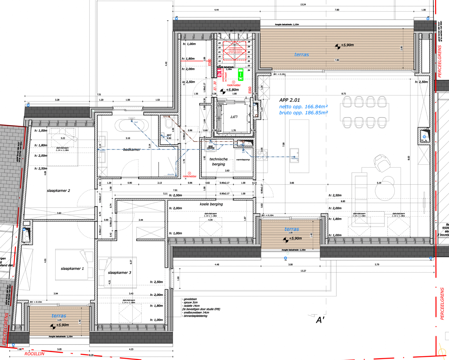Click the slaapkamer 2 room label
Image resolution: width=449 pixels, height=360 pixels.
(x=58, y=190)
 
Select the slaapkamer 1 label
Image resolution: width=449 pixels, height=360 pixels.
(x=72, y=268)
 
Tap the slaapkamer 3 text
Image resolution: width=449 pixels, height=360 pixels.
(x=119, y=272)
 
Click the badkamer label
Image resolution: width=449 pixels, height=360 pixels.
(x=132, y=149)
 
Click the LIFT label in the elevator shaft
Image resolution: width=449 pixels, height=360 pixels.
(x=234, y=117)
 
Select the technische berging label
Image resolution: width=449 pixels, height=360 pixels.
(x=218, y=161)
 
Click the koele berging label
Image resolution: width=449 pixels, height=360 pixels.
(x=211, y=204)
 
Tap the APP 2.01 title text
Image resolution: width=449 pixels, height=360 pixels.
(x=289, y=100)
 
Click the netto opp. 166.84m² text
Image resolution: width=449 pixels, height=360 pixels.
(x=303, y=106)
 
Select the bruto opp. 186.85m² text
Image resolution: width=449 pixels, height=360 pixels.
(x=303, y=113)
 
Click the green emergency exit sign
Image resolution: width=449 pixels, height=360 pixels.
(x=241, y=74)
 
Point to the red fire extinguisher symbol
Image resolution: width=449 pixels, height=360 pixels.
(x=219, y=73)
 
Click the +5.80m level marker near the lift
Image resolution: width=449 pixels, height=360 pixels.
(x=230, y=90)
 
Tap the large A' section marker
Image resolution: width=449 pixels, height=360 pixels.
(x=320, y=320)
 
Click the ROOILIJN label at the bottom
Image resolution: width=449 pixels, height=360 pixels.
(x=34, y=354)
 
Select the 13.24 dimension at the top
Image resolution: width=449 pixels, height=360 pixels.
(x=303, y=4)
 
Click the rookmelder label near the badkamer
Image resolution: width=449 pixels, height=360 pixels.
(x=190, y=176)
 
